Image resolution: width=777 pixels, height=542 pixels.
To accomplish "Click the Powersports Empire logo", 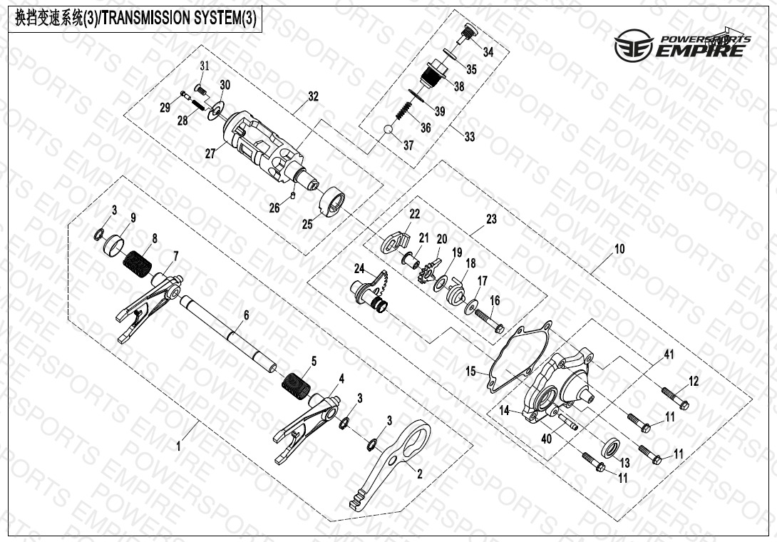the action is (682, 44).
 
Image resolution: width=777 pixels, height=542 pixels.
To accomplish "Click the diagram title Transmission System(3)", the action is (135, 19).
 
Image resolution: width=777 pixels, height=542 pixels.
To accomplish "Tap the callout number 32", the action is (313, 96).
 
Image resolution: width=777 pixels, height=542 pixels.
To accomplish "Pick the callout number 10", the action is (619, 249).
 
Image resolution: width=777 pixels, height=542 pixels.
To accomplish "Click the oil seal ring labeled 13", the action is (610, 446).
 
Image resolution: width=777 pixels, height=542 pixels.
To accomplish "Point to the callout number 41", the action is (669, 354).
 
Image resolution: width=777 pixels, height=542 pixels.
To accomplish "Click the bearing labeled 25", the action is (332, 203).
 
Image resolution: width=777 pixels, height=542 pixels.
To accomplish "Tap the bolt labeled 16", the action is (490, 319).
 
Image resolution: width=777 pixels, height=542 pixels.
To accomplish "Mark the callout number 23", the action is (491, 219).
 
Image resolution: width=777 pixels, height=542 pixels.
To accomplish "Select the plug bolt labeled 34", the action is (465, 35).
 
